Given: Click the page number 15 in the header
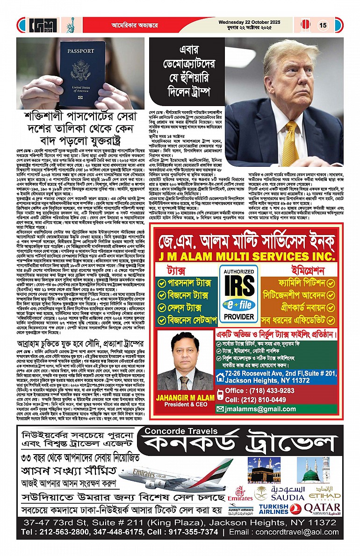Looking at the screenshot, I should [x=323, y=25].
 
